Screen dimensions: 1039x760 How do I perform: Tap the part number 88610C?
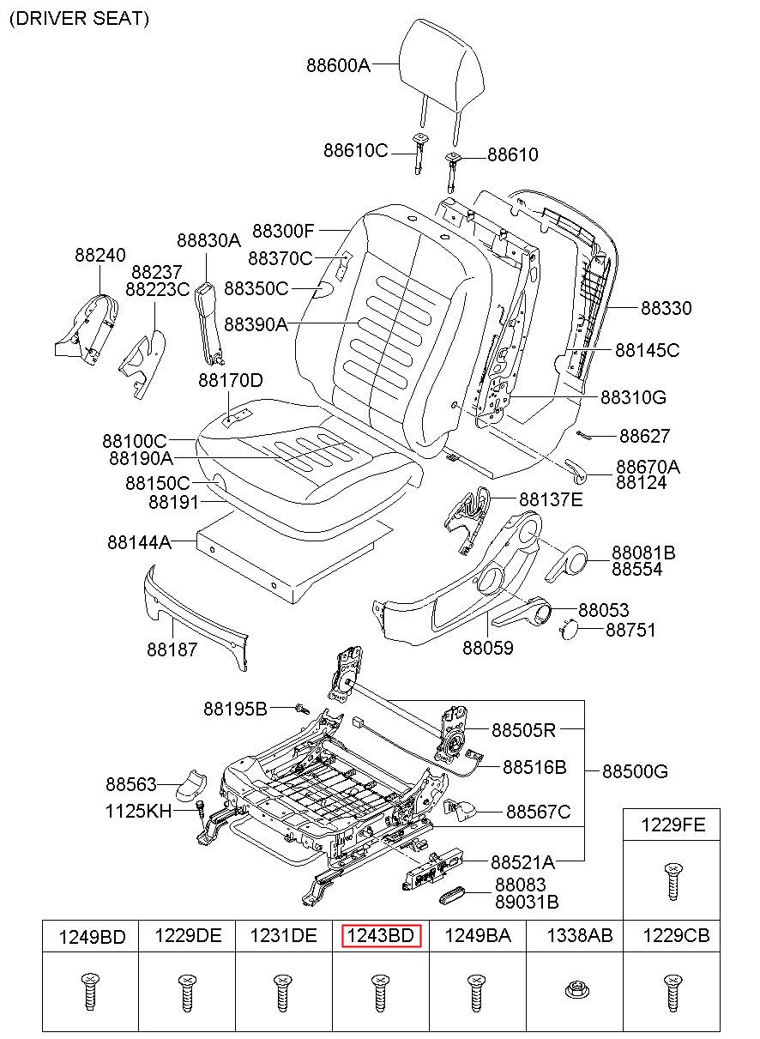click(x=356, y=151)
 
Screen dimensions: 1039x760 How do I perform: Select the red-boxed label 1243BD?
click(x=380, y=936)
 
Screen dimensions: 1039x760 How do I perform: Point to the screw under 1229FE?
click(x=672, y=882)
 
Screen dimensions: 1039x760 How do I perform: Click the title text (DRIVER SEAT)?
click(x=79, y=20)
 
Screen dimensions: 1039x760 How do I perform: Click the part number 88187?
click(x=172, y=649)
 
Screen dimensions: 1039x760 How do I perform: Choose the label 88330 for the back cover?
click(x=667, y=308)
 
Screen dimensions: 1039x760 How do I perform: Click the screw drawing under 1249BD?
click(x=88, y=993)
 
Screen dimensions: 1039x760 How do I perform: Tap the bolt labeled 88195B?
click(x=301, y=709)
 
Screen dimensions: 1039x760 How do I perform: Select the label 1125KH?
click(x=138, y=810)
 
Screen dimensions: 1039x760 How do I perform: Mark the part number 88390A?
click(x=256, y=324)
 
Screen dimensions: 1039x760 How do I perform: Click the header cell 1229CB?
click(x=677, y=936)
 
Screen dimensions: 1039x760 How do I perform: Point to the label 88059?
click(x=488, y=649)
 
